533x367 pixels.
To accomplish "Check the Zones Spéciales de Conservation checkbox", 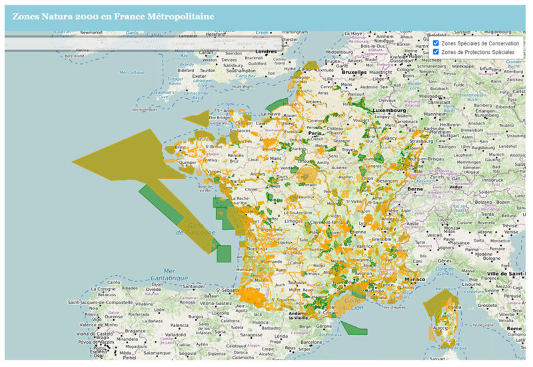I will coord(436,43).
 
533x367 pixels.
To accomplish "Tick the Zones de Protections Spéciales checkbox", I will coord(436,52).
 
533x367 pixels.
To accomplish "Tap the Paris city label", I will coord(314,134).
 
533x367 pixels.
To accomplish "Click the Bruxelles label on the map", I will coord(354,72).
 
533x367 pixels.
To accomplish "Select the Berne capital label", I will coord(415,188).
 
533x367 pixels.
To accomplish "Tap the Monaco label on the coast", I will coord(414,279).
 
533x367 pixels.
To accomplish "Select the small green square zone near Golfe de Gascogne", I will coord(224,253).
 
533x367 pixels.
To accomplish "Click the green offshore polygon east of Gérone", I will coord(354,327).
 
